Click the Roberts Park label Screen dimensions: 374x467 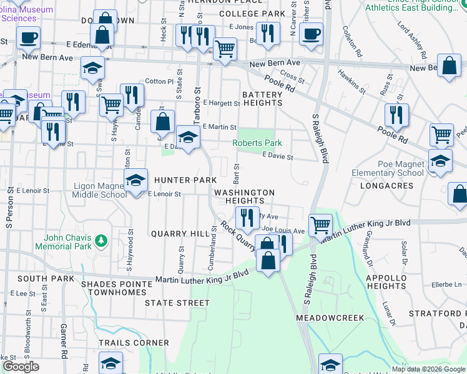pyautogui.click(x=253, y=143)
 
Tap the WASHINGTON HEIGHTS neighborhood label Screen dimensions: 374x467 pyautogui.click(x=244, y=197)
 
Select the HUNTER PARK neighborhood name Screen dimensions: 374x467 pyautogui.click(x=185, y=180)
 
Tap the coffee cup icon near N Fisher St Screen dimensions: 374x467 pyautogui.click(x=310, y=35)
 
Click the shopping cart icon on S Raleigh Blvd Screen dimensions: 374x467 pyautogui.click(x=320, y=225)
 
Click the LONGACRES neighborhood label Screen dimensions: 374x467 pyautogui.click(x=386, y=186)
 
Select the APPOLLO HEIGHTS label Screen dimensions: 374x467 pyautogui.click(x=387, y=282)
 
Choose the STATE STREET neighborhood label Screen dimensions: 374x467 pyautogui.click(x=177, y=303)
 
